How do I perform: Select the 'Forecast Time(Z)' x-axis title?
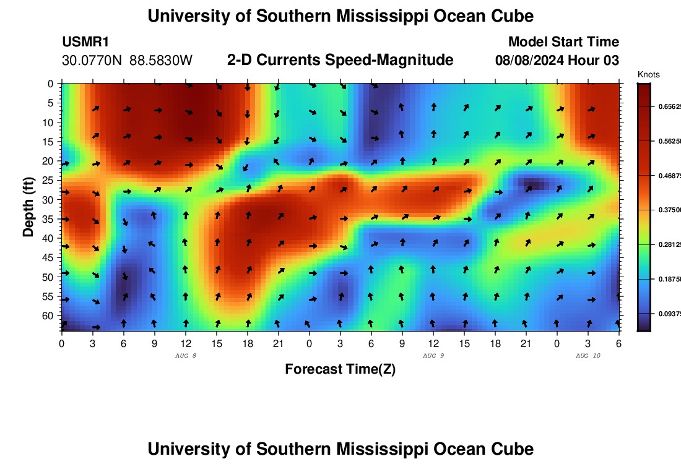tap(340, 369)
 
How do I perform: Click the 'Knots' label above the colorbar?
tap(648, 75)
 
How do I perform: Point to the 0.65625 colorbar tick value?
tap(668, 106)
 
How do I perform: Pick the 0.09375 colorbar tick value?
tap(668, 314)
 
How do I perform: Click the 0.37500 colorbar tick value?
tap(668, 210)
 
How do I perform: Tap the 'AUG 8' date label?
tap(186, 356)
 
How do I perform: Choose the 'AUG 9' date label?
tap(433, 356)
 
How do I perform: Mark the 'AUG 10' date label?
tap(588, 356)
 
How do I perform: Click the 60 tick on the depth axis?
tap(50, 316)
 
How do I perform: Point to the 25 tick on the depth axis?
tap(50, 180)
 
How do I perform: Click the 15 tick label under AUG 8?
tap(217, 343)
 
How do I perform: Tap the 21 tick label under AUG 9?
tap(526, 343)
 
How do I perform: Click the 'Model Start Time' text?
tap(563, 42)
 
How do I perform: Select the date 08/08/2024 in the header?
tap(530, 60)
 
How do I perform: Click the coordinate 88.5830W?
tap(162, 61)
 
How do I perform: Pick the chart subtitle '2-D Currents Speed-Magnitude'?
tap(340, 60)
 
